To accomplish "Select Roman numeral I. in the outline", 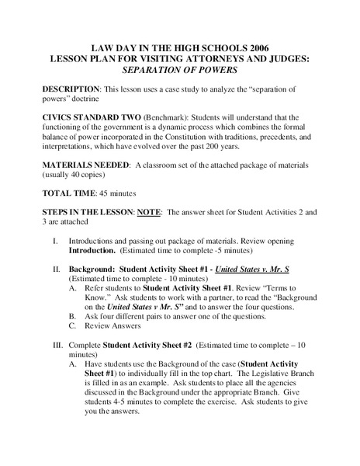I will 55,241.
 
